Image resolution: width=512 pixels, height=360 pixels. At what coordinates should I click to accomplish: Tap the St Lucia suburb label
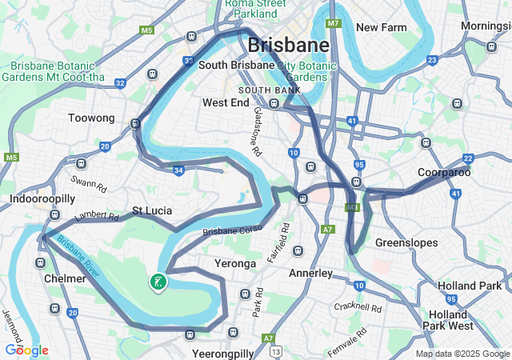pyautogui.click(x=152, y=211)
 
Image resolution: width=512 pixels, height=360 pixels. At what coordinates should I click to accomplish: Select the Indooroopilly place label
pyautogui.click(x=42, y=198)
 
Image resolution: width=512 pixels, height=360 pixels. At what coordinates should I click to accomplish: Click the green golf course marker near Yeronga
pyautogui.click(x=158, y=282)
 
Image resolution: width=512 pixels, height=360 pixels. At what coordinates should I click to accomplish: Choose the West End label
pyautogui.click(x=226, y=103)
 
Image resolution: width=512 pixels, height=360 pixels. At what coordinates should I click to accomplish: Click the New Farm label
pyautogui.click(x=382, y=27)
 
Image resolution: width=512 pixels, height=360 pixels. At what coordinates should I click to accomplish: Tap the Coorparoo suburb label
pyautogui.click(x=444, y=172)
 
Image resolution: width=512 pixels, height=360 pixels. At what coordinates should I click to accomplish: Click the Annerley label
pyautogui.click(x=310, y=274)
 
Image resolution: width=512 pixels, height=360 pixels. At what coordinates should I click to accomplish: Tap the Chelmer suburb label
pyautogui.click(x=65, y=278)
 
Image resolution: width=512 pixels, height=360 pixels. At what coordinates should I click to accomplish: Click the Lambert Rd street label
pyautogui.click(x=96, y=217)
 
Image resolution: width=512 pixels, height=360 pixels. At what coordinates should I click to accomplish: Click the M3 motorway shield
pyautogui.click(x=352, y=207)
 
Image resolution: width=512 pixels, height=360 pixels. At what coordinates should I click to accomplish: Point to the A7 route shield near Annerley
pyautogui.click(x=327, y=230)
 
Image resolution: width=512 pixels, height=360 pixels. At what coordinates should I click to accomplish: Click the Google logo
pyautogui.click(x=26, y=350)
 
